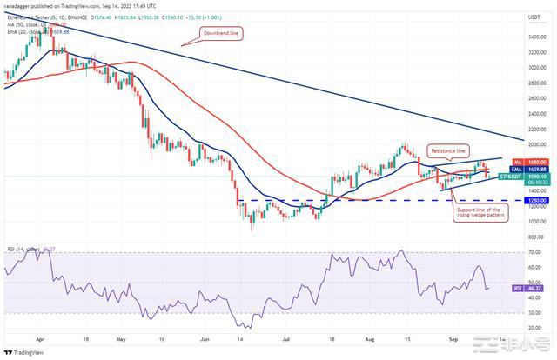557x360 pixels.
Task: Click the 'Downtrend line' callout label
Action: [224, 33]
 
